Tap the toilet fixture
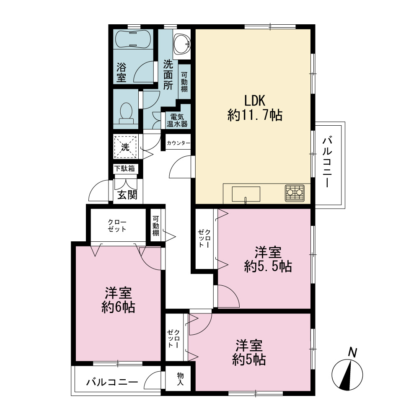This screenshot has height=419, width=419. [127, 113]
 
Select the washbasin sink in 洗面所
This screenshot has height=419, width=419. [182, 44]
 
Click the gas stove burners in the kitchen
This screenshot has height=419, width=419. [295, 193]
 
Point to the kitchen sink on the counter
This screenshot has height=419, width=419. [246, 194]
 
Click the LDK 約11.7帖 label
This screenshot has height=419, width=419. [255, 108]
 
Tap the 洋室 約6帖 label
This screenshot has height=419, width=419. [118, 300]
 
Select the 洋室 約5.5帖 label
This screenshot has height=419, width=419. [268, 259]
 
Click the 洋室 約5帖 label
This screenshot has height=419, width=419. [249, 352]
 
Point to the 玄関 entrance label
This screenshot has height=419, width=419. [127, 195]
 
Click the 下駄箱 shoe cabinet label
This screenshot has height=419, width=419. [124, 168]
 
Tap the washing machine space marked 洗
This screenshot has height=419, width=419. [125, 147]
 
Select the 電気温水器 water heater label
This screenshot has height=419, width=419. [177, 121]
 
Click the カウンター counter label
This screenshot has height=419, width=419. [178, 143]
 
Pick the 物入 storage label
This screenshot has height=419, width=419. [180, 379]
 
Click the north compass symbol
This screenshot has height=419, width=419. [347, 374]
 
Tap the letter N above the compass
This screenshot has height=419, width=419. [353, 353]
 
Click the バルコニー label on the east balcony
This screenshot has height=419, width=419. [327, 162]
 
